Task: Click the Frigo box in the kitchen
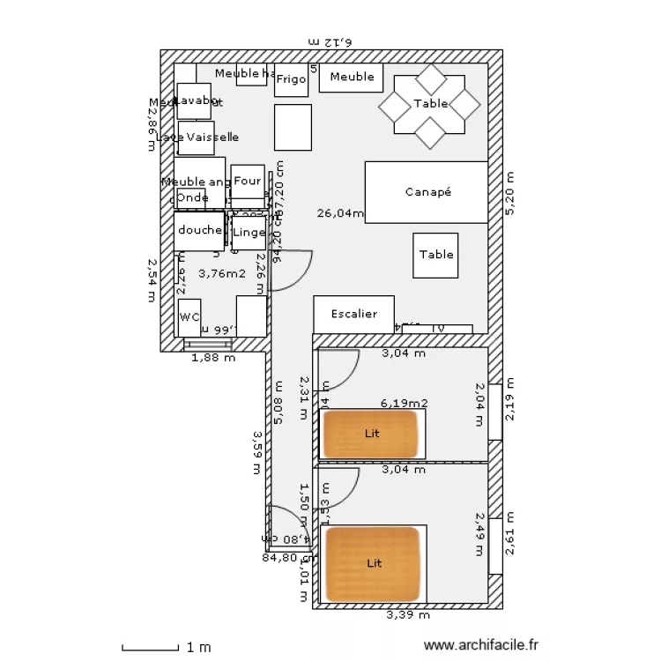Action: point(291,79)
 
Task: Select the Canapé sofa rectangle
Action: point(427,191)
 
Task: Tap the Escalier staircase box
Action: point(353,315)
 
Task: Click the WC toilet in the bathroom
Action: point(189,317)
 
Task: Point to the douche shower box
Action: point(199,231)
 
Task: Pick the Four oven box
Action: point(248,182)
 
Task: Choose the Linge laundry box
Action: point(249,233)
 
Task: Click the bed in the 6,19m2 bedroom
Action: point(372,434)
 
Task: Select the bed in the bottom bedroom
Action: point(374,563)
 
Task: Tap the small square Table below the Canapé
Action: point(435,256)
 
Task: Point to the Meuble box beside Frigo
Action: point(351,78)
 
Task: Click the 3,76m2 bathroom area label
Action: point(221,273)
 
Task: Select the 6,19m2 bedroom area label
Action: point(404,403)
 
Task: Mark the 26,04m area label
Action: point(340,212)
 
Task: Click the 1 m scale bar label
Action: point(200,648)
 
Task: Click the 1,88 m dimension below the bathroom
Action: point(214,358)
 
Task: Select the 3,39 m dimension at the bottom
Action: point(407,614)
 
